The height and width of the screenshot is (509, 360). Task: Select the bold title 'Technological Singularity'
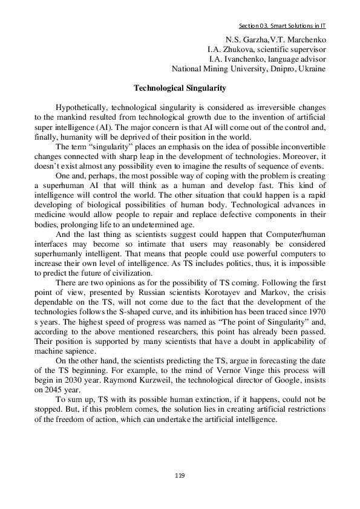(x=180, y=88)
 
